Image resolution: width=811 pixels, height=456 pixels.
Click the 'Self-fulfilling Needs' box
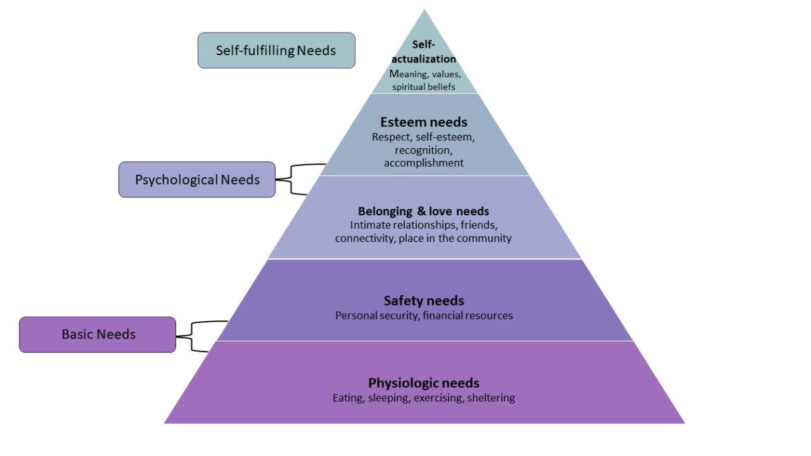pyautogui.click(x=277, y=51)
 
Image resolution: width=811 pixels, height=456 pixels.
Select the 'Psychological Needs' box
pyautogui.click(x=197, y=179)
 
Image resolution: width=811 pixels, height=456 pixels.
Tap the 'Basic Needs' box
pyautogui.click(x=98, y=335)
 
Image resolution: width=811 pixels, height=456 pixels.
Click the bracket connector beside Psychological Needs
pyautogui.click(x=291, y=179)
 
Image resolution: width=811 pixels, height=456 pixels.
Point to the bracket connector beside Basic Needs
pyautogui.click(x=191, y=336)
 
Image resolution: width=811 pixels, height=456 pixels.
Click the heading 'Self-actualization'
pyautogui.click(x=423, y=52)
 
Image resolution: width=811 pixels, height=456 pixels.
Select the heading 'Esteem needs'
pyautogui.click(x=423, y=122)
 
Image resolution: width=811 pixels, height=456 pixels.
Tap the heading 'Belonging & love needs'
pyautogui.click(x=423, y=211)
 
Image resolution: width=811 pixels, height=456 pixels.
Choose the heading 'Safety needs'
pyautogui.click(x=424, y=300)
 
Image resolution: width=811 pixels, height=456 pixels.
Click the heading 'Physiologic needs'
pyautogui.click(x=423, y=383)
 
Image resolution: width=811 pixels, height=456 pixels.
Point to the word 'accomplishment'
pyautogui.click(x=423, y=164)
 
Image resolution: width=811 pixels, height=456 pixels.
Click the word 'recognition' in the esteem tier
pyautogui.click(x=423, y=150)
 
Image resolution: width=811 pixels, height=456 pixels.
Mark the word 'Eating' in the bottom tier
pyautogui.click(x=348, y=398)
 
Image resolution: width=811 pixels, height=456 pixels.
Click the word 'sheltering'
pyautogui.click(x=491, y=398)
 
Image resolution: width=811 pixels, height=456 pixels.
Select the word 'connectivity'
pyautogui.click(x=365, y=239)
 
